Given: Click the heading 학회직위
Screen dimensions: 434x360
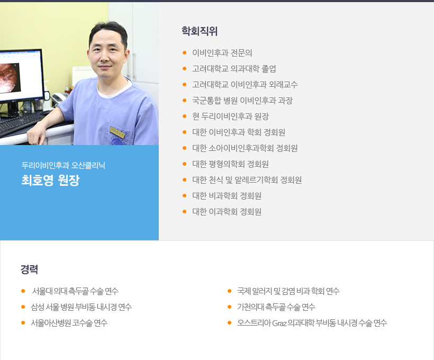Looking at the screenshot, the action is (x=200, y=31).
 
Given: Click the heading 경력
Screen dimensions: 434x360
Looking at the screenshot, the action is (x=29, y=269).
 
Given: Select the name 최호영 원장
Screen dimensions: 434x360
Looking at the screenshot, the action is (x=51, y=181).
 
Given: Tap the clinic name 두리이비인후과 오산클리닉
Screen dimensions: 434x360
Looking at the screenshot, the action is (x=64, y=165).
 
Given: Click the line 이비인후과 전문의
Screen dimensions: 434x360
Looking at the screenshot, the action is (x=222, y=52).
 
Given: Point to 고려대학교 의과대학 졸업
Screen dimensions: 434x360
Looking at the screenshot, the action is (x=234, y=69).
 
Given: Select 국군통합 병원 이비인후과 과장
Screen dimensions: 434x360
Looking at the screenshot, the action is (x=242, y=101).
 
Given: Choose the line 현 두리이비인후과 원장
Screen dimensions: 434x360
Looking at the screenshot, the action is (x=231, y=116).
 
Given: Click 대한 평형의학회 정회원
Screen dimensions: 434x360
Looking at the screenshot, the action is (x=231, y=164).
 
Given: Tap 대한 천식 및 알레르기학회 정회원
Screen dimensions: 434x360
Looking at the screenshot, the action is (x=247, y=180).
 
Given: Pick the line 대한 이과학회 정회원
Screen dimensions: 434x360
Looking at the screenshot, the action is (x=227, y=212).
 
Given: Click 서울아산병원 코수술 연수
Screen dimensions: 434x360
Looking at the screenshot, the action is (x=69, y=323).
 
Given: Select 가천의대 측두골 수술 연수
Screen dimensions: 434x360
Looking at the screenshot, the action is (x=276, y=307).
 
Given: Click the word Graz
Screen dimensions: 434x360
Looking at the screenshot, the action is (x=279, y=323).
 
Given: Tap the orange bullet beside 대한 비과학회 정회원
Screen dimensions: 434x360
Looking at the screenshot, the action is (x=185, y=196).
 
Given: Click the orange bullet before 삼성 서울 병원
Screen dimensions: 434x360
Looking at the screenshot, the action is (x=23, y=307).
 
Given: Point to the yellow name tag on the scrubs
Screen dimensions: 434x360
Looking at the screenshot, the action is (x=117, y=132).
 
